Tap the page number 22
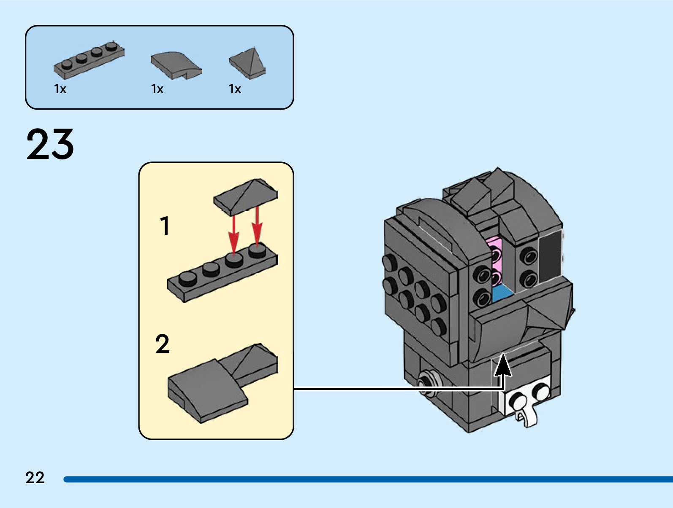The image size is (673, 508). (35, 478)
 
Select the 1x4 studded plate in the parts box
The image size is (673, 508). (89, 61)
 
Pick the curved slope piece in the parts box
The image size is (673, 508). (176, 65)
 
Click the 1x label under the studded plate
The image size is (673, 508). (60, 89)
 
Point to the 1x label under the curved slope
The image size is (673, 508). (157, 89)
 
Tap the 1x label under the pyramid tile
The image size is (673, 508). (235, 89)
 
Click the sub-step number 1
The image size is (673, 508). (165, 226)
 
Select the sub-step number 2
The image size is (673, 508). (163, 344)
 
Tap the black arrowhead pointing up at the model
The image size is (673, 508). (503, 365)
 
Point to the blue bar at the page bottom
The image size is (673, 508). (367, 479)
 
